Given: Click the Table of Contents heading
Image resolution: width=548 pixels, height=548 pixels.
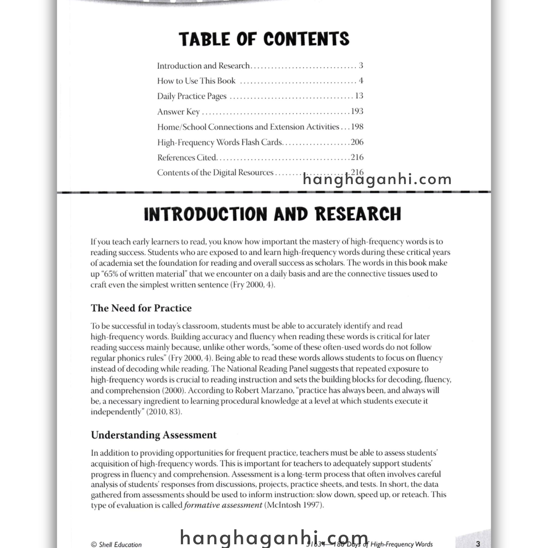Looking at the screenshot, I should [x=264, y=39].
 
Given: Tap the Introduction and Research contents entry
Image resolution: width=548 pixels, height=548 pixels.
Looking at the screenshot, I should [x=203, y=66].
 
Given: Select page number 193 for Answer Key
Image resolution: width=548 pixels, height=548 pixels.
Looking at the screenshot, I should [x=357, y=111].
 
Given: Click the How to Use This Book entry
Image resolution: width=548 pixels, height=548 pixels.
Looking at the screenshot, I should [x=196, y=81].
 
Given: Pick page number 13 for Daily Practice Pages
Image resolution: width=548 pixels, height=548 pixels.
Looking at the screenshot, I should [x=359, y=96].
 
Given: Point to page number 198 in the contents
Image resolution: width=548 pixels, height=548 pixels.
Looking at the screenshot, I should [x=357, y=127].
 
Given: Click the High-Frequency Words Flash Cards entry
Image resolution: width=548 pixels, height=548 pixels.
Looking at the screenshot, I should [x=219, y=142].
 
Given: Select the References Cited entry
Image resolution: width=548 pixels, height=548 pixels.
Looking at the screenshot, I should [x=187, y=157].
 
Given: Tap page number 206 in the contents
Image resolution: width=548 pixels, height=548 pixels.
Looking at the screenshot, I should [x=357, y=142].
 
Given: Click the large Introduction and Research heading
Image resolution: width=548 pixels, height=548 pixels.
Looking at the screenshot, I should [x=272, y=214].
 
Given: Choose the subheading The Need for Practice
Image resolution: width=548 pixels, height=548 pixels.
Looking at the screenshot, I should [x=141, y=308].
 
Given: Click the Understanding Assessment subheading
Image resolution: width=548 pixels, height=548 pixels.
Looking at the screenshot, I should [x=153, y=435].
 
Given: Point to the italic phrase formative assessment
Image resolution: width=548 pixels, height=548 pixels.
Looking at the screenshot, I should [x=223, y=505].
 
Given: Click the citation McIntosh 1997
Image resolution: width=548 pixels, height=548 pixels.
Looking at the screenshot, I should [x=294, y=505].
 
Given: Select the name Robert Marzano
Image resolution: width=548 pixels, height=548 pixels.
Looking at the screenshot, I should [x=264, y=391].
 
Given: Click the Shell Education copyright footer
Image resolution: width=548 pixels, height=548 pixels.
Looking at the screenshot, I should [x=116, y=544].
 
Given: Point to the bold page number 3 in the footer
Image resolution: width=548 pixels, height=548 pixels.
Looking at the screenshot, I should [x=478, y=543].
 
